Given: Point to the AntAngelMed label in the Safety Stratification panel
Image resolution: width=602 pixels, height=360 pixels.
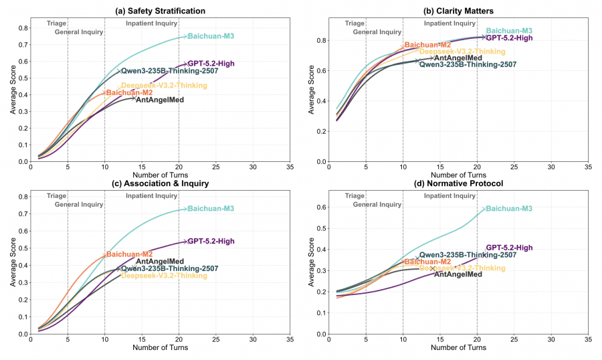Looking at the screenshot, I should point(160,99).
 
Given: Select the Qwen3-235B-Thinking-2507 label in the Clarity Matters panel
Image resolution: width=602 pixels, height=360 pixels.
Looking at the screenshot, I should point(468,64).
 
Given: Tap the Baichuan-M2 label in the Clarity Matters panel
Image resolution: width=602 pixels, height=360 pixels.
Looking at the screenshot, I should point(427,45).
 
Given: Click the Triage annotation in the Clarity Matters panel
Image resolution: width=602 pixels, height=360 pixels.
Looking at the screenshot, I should point(355,23).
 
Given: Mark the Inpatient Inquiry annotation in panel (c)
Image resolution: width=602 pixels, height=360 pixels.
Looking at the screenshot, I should point(152,195).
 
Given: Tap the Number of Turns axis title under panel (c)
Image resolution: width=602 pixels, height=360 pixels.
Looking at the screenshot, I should point(161,349).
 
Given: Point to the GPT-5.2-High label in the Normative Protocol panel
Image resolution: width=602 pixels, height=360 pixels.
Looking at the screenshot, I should point(509,248).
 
